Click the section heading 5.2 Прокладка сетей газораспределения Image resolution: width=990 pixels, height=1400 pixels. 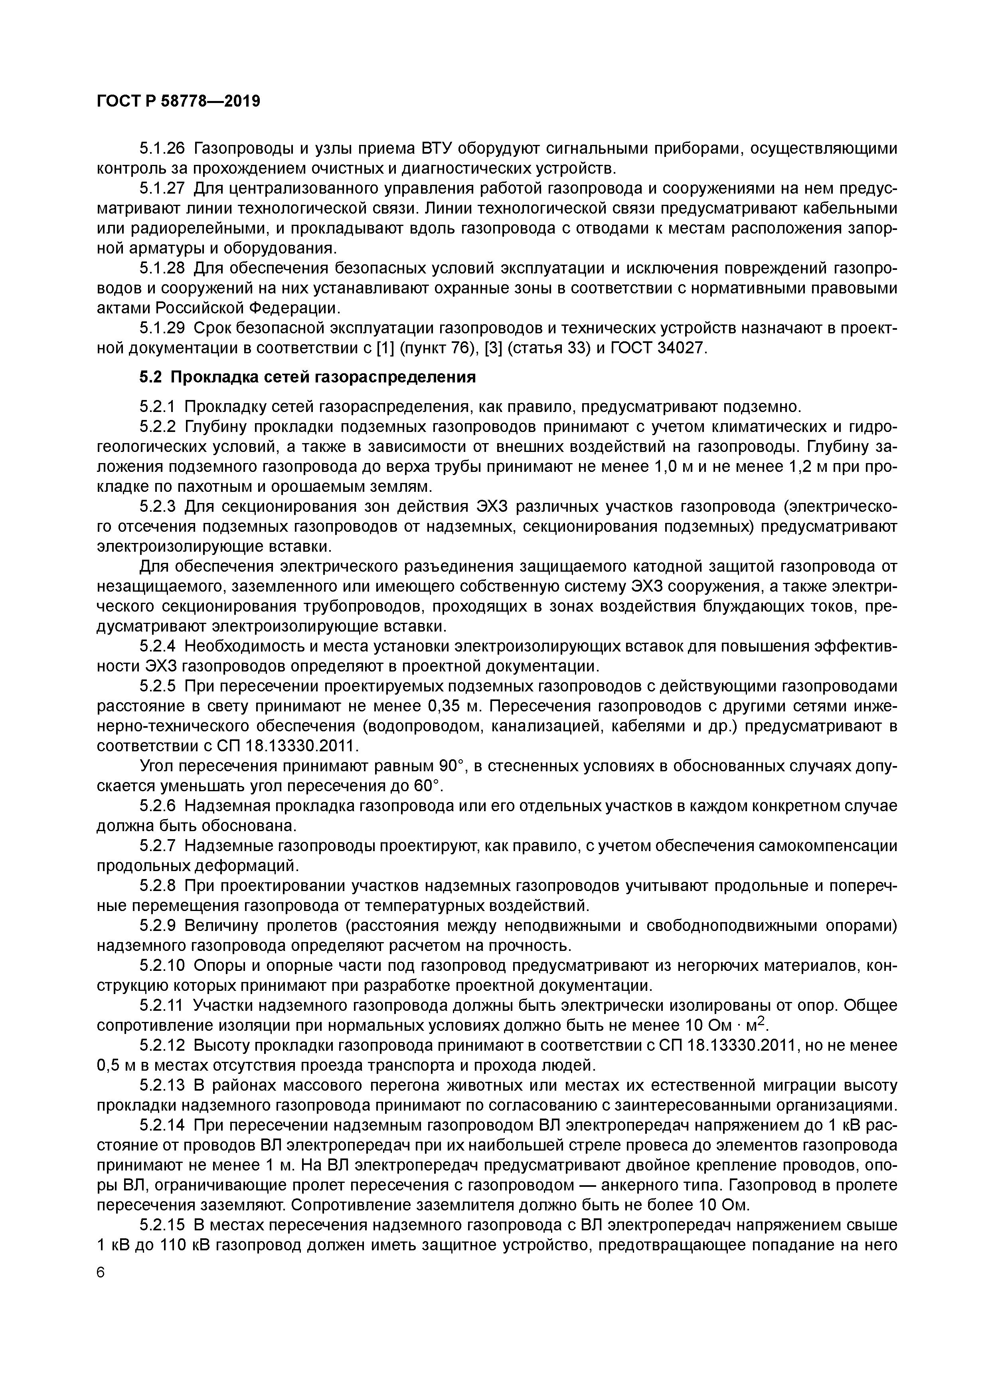click(307, 377)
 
